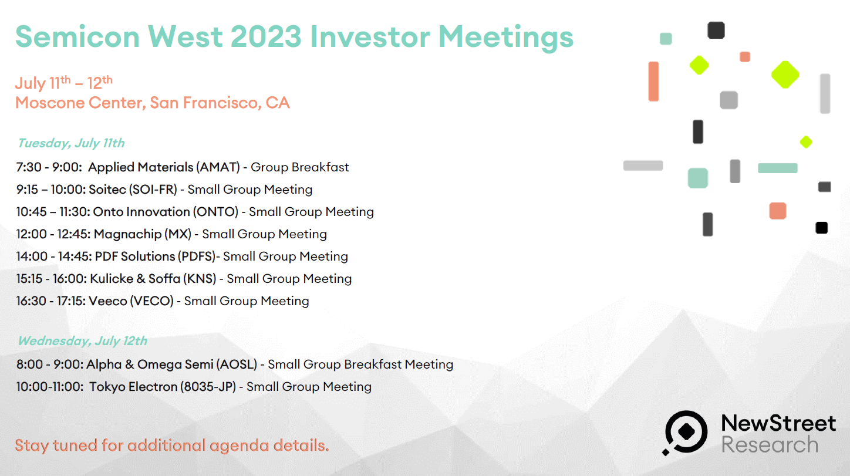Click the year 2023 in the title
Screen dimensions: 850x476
pyautogui.click(x=265, y=37)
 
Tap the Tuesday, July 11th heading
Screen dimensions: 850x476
pyautogui.click(x=72, y=143)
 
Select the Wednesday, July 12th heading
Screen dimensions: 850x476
pyautogui.click(x=83, y=341)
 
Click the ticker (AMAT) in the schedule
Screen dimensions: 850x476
pyautogui.click(x=218, y=167)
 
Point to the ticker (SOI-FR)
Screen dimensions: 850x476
pyautogui.click(x=153, y=190)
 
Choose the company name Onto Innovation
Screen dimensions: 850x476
pyautogui.click(x=141, y=212)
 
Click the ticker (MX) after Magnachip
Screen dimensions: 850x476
pyautogui.click(x=178, y=234)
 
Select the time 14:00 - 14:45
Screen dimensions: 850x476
pyautogui.click(x=53, y=256)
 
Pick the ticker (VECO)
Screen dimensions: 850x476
pyautogui.click(x=152, y=301)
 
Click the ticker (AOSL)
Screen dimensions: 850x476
pyautogui.click(x=237, y=364)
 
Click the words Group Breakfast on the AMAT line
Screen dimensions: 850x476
pyautogui.click(x=300, y=167)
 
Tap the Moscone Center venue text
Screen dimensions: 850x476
pyautogui.click(x=153, y=103)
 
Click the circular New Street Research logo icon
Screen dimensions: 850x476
pyautogui.click(x=685, y=432)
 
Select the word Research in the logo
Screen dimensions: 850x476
pyautogui.click(x=770, y=444)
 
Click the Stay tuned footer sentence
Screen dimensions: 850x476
pyautogui.click(x=172, y=445)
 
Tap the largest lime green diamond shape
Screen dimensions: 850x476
pyautogui.click(x=785, y=75)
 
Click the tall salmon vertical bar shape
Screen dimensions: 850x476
pyautogui.click(x=653, y=81)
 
